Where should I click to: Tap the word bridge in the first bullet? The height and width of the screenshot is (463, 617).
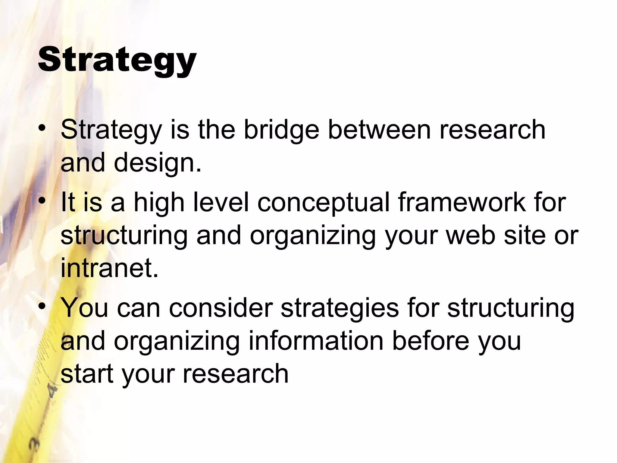pos(281,130)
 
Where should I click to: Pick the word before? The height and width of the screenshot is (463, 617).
pos(431,341)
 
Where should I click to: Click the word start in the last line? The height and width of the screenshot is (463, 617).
pos(87,374)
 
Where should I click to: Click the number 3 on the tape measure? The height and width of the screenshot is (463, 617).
pos(35,445)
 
